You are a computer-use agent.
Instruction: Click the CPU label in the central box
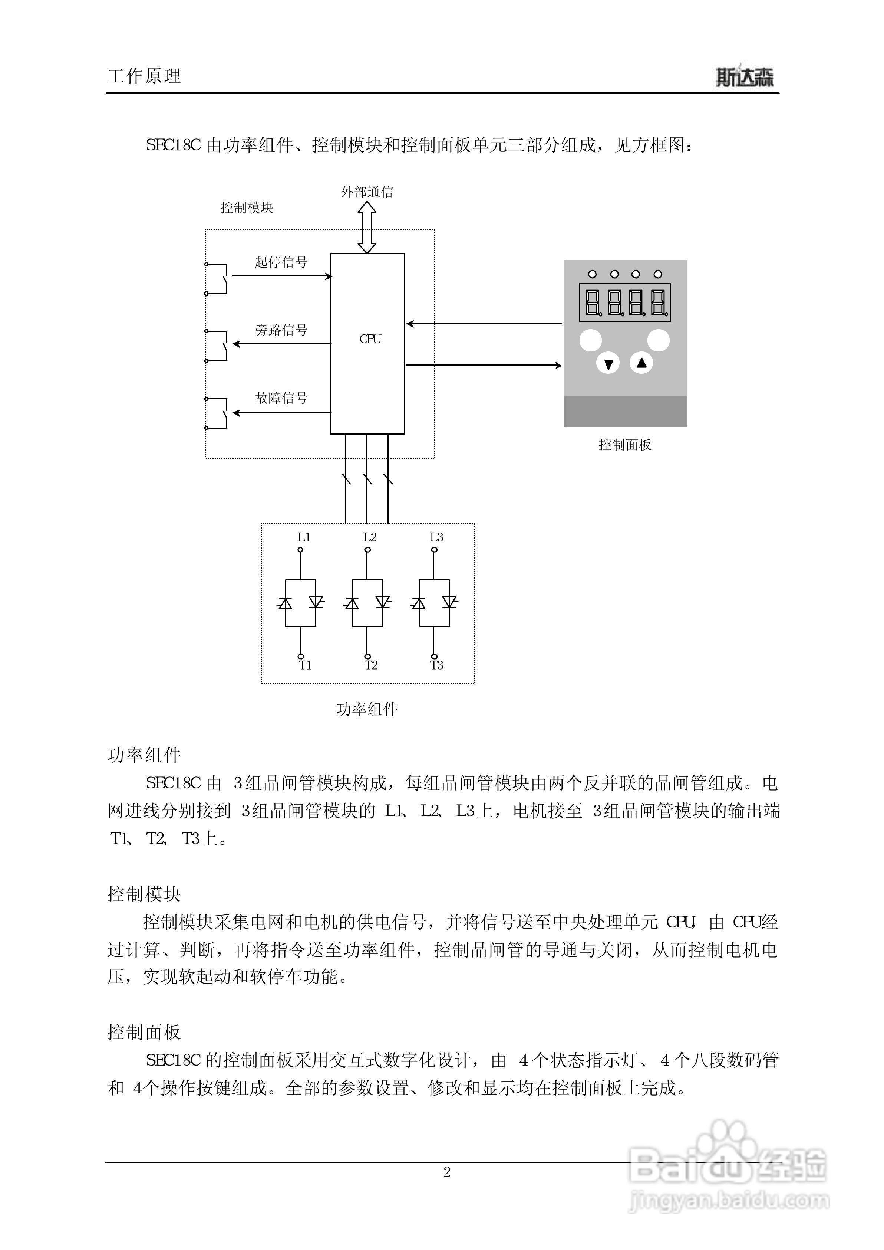[x=370, y=339]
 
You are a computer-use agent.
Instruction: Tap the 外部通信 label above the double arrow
[x=367, y=192]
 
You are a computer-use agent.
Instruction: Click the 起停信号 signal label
[x=281, y=262]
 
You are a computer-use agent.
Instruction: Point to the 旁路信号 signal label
[x=281, y=330]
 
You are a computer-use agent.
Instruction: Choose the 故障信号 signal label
[x=281, y=398]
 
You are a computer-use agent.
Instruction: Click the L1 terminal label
[x=304, y=537]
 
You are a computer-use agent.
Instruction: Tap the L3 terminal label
[x=436, y=537]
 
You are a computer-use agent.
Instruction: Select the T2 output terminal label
[x=371, y=665]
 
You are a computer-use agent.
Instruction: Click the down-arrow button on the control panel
[x=608, y=364]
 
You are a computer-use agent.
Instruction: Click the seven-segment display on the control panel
[x=624, y=302]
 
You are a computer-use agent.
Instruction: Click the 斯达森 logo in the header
[x=744, y=77]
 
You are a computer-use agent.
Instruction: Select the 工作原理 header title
[x=144, y=76]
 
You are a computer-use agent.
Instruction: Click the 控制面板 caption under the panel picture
[x=625, y=445]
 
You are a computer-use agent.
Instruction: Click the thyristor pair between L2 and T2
[x=367, y=603]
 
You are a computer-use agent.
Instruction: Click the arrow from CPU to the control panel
[x=484, y=365]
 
